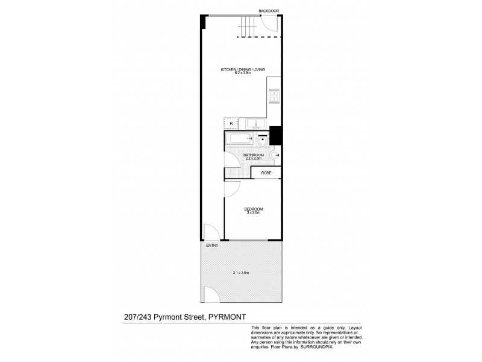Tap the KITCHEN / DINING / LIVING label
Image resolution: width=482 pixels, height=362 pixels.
[243, 71]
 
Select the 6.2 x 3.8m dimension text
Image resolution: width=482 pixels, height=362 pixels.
[243, 75]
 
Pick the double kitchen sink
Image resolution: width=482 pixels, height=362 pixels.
[257, 124]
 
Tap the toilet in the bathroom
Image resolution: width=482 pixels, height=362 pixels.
[262, 142]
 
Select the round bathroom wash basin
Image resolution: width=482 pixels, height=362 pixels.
[275, 155]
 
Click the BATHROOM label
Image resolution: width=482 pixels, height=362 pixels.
[253, 156]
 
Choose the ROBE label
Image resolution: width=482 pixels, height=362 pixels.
[266, 173]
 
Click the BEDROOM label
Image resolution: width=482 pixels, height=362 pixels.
[254, 209]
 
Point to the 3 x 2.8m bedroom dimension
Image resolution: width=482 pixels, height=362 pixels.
[254, 213]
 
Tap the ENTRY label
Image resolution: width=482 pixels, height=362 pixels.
[212, 246]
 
